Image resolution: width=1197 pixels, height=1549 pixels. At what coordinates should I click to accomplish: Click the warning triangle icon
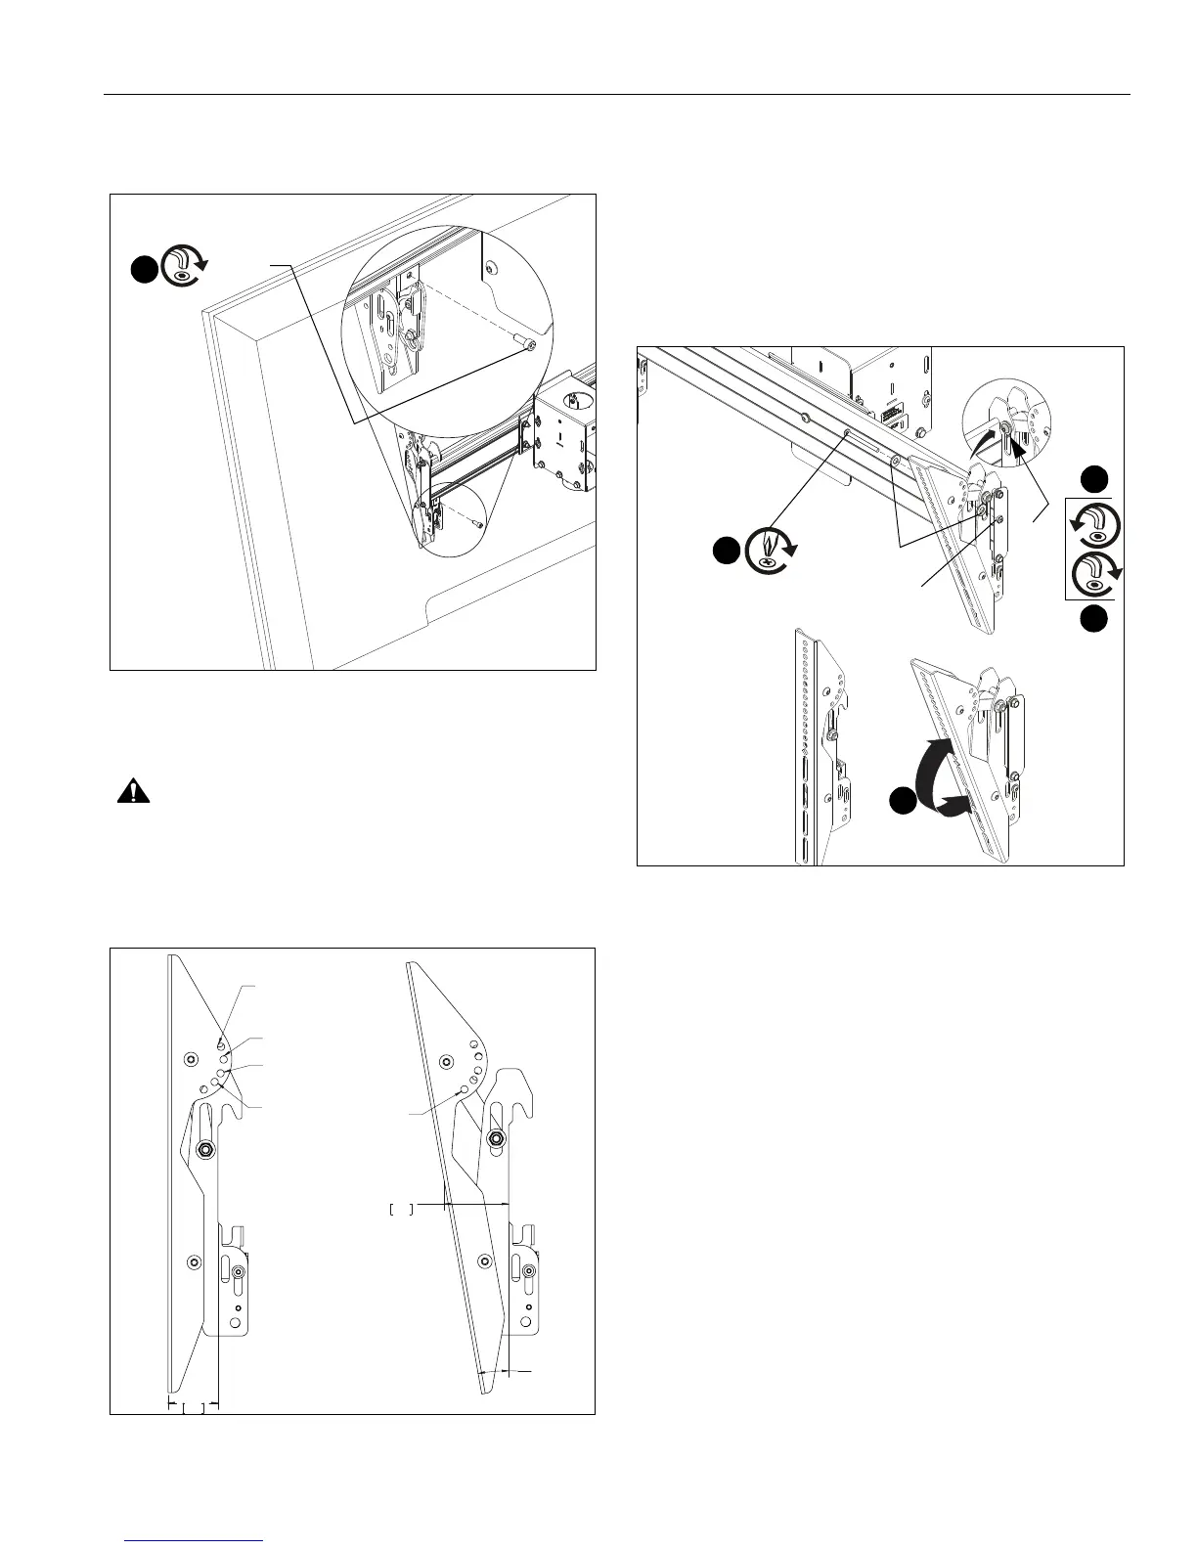tap(128, 791)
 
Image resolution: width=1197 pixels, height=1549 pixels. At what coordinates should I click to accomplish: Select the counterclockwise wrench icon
tap(1093, 525)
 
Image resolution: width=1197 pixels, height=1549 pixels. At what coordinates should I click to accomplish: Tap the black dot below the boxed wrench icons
tap(1094, 618)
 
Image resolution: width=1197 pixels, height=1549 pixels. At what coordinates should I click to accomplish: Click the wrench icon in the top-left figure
tap(183, 265)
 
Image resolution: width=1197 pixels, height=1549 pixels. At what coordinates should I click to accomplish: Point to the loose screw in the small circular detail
tap(475, 523)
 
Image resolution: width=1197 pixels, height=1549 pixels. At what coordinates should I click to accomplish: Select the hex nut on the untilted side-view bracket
tap(206, 1150)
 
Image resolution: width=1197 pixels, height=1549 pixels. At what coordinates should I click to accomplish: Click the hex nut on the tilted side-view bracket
tap(495, 1137)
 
